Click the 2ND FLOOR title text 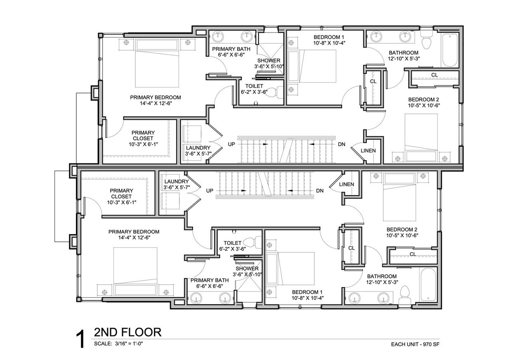(127, 332)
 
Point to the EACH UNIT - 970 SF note (415, 344)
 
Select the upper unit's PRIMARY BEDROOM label (156, 97)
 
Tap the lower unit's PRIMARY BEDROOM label (134, 232)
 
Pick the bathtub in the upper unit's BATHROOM (450, 50)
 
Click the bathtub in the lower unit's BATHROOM (428, 284)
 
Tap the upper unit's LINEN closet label (368, 151)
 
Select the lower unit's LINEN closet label (346, 184)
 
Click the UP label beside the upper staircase (231, 144)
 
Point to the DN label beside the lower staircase (320, 191)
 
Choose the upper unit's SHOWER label (269, 61)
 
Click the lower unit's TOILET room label (232, 243)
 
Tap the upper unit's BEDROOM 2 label (424, 99)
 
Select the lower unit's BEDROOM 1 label (307, 292)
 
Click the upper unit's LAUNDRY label (198, 148)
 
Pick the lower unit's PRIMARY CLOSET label (121, 194)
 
